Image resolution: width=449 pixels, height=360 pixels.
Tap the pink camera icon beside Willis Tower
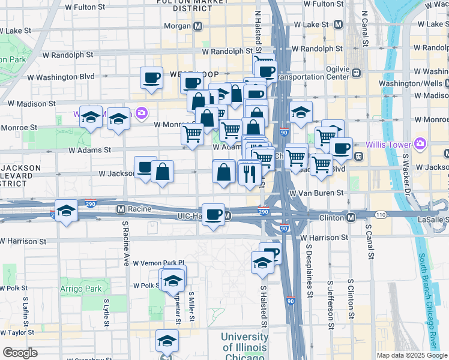[x=420, y=143]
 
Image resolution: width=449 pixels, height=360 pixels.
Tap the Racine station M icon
[x=121, y=209]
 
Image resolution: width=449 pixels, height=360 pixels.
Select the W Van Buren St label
[x=316, y=193]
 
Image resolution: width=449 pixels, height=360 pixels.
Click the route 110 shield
[x=381, y=214]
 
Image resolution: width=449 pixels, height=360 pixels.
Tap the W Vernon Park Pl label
[x=158, y=263]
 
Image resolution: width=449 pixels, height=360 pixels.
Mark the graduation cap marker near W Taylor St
[x=167, y=341]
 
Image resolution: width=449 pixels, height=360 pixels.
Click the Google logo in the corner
[x=20, y=353]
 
